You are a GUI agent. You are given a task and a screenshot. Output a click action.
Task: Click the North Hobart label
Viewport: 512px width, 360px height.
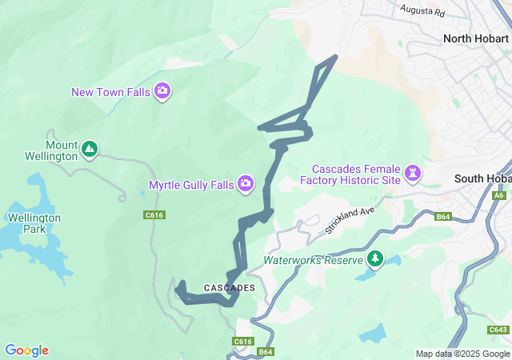click(477, 38)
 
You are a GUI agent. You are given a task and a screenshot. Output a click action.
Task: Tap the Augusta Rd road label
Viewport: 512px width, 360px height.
click(422, 12)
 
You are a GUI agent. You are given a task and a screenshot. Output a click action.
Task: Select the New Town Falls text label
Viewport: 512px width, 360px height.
click(110, 92)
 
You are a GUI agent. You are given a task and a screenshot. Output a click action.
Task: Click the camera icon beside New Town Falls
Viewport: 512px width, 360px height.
click(162, 91)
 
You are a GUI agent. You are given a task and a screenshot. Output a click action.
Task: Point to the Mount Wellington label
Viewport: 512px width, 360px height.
click(62, 150)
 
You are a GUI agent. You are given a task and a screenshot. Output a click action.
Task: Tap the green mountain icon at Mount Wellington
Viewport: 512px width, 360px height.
click(90, 148)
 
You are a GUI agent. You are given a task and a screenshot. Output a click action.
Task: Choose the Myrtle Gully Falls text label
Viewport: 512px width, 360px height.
click(191, 185)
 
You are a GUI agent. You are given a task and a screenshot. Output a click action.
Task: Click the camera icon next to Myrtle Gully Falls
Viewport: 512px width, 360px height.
click(246, 185)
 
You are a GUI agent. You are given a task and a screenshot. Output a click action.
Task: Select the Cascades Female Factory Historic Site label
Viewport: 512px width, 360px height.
click(356, 174)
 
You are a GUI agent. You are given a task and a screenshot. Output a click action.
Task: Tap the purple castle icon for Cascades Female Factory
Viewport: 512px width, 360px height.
click(413, 172)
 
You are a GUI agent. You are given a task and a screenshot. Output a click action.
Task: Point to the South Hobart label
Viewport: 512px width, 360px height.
click(482, 178)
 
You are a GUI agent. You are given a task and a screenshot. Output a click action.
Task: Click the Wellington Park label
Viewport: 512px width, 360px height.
click(34, 223)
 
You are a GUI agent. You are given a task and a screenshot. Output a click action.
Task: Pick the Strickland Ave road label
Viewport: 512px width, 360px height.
click(350, 221)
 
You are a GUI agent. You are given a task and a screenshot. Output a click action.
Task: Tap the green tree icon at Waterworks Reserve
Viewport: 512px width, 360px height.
click(374, 258)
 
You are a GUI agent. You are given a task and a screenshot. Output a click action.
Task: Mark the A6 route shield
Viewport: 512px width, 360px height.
click(499, 195)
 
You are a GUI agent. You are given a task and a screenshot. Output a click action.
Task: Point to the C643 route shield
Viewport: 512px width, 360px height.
click(498, 330)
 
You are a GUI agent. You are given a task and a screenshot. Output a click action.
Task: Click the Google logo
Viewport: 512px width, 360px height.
click(27, 350)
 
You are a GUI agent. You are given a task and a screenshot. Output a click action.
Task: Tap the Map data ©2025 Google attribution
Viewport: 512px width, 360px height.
click(462, 354)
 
